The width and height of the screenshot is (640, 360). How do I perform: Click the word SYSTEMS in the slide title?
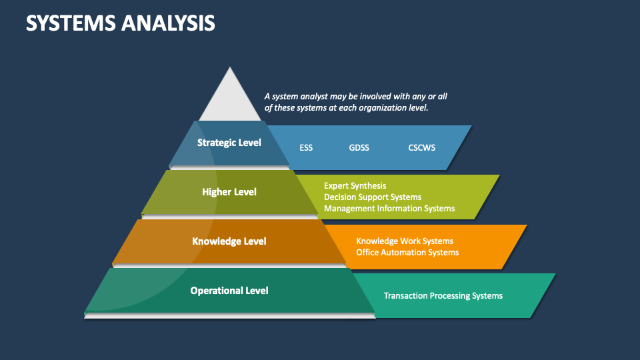tap(71, 23)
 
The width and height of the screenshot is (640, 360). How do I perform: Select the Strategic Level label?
tap(229, 143)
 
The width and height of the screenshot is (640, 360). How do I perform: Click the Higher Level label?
tap(229, 192)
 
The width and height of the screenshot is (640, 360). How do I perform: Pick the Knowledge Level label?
tap(229, 241)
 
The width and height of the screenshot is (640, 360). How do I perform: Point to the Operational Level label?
tap(229, 291)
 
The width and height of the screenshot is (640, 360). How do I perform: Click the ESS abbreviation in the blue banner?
tap(306, 147)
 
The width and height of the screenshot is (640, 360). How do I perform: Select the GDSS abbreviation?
tap(359, 147)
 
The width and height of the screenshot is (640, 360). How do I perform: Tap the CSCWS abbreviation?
tap(421, 147)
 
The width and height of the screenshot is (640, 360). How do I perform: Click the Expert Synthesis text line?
tap(355, 186)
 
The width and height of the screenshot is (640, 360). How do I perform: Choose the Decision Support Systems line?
tap(373, 197)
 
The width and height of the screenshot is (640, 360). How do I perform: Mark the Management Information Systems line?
tap(389, 209)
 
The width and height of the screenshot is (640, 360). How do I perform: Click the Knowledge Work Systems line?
tap(405, 241)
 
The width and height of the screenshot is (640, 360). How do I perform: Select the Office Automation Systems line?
tap(407, 253)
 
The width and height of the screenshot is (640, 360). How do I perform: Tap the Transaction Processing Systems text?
tap(443, 295)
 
